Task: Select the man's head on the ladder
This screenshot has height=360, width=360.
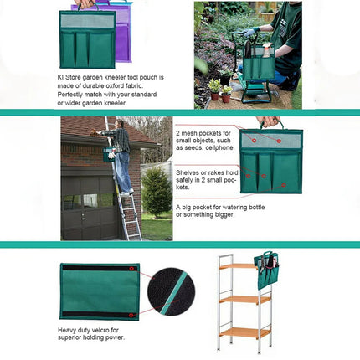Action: [118, 125]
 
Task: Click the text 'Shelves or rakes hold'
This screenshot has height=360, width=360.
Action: [207, 172]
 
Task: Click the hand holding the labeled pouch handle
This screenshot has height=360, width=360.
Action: [269, 121]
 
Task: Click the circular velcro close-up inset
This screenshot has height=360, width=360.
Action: [171, 291]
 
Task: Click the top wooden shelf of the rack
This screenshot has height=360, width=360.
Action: [237, 266]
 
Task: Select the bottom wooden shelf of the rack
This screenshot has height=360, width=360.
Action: [244, 332]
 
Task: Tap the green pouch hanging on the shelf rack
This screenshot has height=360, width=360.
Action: [267, 272]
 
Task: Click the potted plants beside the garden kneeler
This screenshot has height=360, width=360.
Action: [219, 90]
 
